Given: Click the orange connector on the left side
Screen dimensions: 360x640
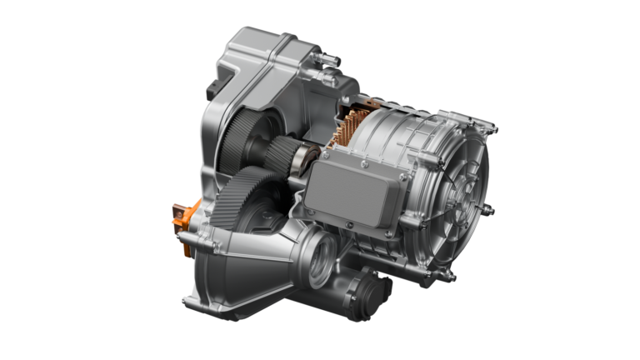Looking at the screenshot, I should [x=181, y=215].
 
